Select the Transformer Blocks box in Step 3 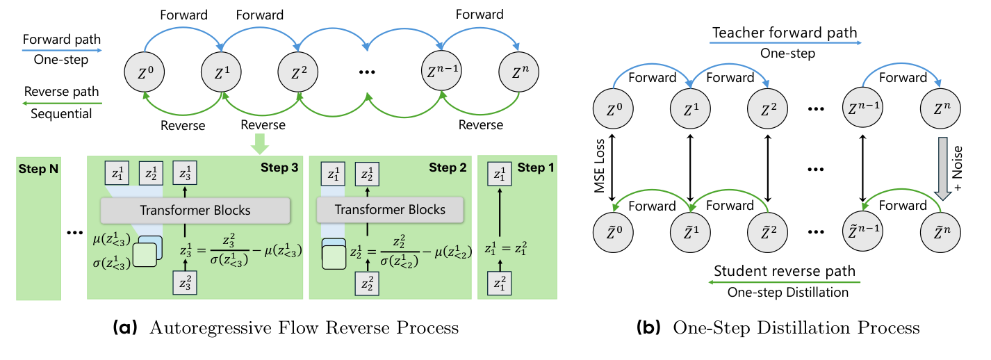(195, 210)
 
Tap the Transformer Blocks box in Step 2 (390, 210)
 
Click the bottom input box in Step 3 (185, 283)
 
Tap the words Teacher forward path (784, 32)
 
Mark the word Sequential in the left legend (61, 114)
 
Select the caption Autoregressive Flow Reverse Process (305, 327)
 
